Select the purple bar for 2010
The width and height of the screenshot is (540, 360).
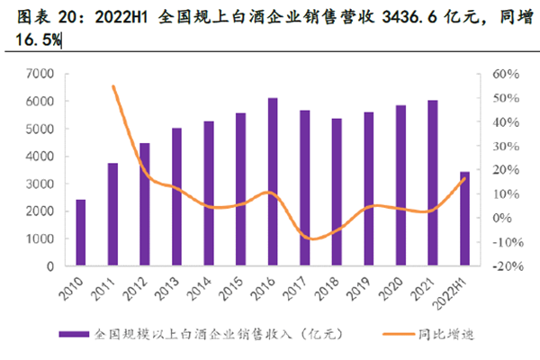pos(80,232)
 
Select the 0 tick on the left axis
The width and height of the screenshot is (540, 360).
pos(55,266)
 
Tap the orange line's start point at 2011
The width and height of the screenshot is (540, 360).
pos(112,86)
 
